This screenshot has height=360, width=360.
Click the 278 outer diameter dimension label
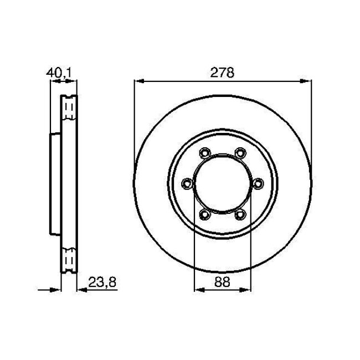(x=220, y=73)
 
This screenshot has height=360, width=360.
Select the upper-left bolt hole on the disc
(x=204, y=152)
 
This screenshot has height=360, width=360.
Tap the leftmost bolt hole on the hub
(x=187, y=183)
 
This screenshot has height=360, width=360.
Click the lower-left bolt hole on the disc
(x=204, y=214)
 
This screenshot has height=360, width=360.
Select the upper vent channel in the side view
(x=69, y=108)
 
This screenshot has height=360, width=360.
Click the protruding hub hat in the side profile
(x=55, y=183)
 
